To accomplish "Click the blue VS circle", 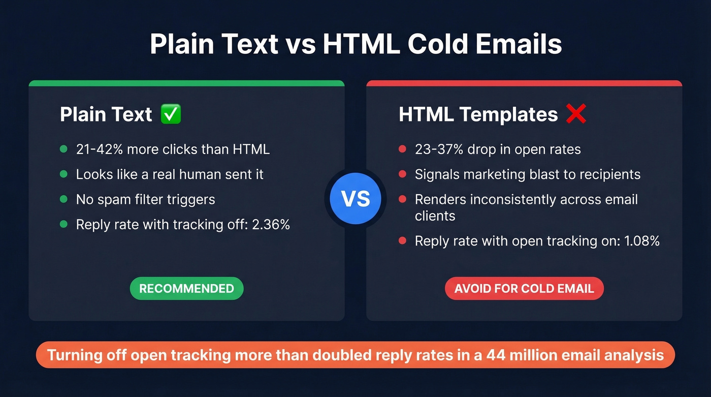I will tap(355, 198).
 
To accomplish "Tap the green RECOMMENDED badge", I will tap(186, 289).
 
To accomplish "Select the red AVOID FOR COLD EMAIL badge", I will tap(524, 289).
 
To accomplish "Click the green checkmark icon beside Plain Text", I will tap(171, 114).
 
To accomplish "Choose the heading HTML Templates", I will tap(478, 114).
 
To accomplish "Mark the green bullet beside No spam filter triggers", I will tap(63, 199).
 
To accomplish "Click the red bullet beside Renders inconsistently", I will tap(402, 199).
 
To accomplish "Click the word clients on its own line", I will tap(435, 216).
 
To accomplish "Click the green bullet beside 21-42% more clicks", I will tap(63, 149).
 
